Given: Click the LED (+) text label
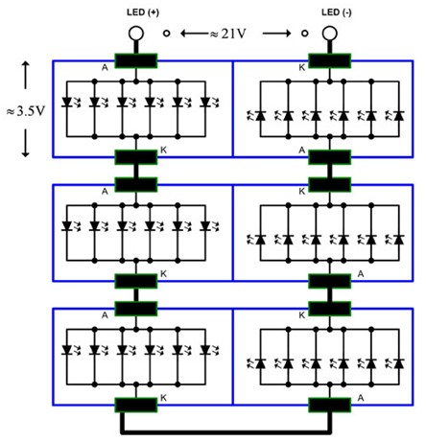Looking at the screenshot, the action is [143, 12].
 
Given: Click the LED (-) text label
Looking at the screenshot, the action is [337, 12].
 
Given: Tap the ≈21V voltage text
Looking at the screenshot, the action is [228, 34].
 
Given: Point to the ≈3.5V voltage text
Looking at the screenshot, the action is [26, 111].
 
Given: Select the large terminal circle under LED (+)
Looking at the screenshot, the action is [136, 34].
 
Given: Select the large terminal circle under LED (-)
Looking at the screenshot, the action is [330, 34].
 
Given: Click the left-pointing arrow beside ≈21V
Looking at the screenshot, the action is [195, 34].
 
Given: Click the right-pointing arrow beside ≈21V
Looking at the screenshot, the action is [277, 34].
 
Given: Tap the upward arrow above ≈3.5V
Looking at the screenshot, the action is [26, 76].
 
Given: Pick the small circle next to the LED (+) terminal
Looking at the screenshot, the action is [166, 33].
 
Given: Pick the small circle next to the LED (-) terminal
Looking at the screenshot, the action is [305, 33].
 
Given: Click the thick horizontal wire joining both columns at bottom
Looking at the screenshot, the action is [226, 432].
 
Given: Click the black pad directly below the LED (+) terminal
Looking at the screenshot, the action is [136, 60].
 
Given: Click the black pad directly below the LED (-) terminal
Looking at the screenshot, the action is [330, 60].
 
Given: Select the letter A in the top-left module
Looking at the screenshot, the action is [105, 67].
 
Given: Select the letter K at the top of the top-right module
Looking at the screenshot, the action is [302, 67].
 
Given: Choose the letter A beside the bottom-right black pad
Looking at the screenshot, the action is [361, 398].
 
